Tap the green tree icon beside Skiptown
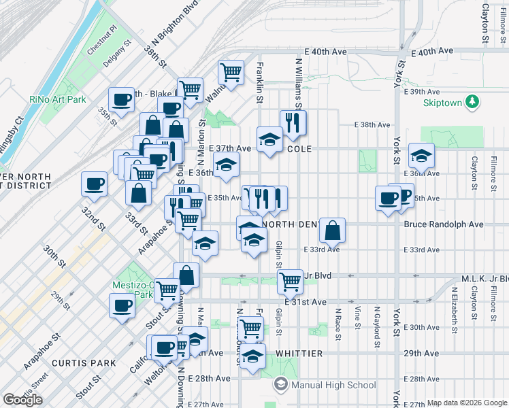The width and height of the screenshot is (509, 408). point(472,102)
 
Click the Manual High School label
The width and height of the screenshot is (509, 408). point(333,386)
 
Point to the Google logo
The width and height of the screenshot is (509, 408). point(22,400)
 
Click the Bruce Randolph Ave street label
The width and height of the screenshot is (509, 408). point(453,224)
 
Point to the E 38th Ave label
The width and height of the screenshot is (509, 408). point(373,124)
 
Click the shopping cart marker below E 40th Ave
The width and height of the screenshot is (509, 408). point(231,71)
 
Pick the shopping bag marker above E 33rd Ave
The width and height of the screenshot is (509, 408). point(332,230)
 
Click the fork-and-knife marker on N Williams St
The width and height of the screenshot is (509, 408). point(293,122)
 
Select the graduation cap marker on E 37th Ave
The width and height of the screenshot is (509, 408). point(269,139)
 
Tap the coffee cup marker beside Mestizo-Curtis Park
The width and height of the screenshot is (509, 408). point(122,305)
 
